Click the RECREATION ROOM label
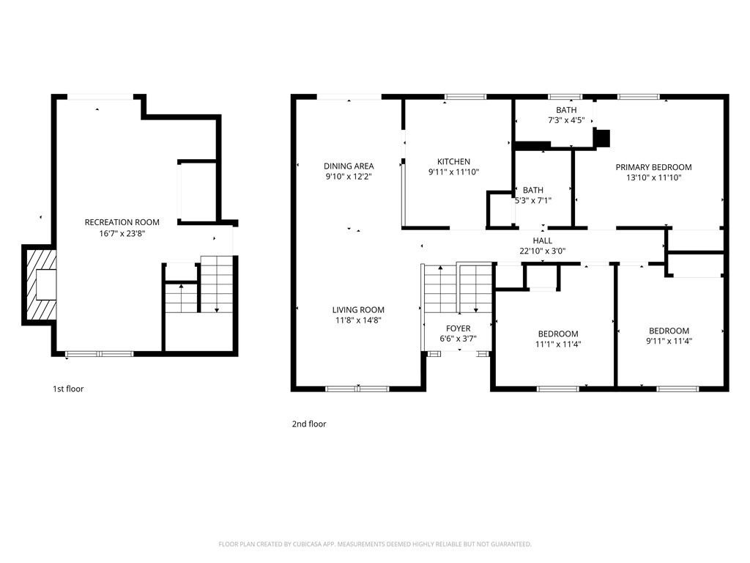point(122,222)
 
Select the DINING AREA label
point(349,166)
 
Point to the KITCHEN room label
point(453,161)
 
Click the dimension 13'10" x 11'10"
point(653,177)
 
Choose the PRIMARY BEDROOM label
point(653,167)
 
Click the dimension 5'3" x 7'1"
point(532,200)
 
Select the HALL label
point(542,240)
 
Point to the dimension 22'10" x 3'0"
point(542,251)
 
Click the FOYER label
point(458,328)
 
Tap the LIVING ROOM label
point(358,309)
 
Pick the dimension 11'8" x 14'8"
point(358,320)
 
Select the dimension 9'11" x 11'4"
point(669,341)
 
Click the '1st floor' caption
point(68,389)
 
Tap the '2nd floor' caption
point(309,424)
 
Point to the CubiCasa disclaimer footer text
point(374,544)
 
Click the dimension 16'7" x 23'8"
point(122,233)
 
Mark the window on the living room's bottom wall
point(357,389)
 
